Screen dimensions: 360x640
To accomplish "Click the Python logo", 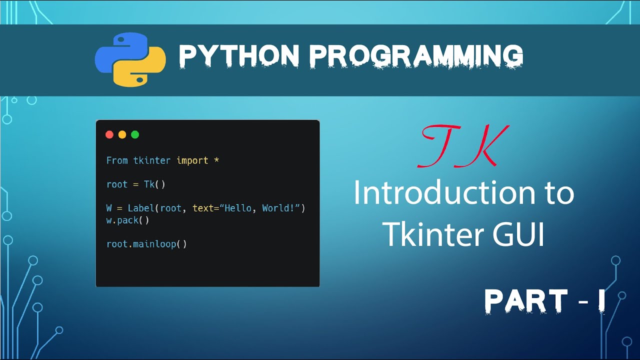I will pyautogui.click(x=130, y=59).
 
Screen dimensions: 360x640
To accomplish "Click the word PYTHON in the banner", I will pyautogui.click(x=238, y=55).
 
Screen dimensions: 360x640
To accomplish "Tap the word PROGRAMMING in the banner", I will pyautogui.click(x=416, y=55).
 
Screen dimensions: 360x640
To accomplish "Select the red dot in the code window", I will pyautogui.click(x=109, y=134).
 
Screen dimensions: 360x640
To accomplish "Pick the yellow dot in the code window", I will pyautogui.click(x=122, y=134).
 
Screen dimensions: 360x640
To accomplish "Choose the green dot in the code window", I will pyautogui.click(x=135, y=134).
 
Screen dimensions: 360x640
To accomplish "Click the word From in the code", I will pyautogui.click(x=117, y=160).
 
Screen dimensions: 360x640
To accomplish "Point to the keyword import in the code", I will pyautogui.click(x=192, y=160).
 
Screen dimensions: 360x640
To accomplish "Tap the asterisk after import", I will pyautogui.click(x=216, y=160).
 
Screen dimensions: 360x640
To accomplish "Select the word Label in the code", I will pyautogui.click(x=141, y=208).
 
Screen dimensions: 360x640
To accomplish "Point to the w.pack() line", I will pyautogui.click(x=127, y=220).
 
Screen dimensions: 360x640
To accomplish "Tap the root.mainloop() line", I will pyautogui.click(x=146, y=244).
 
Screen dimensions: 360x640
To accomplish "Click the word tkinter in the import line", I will pyautogui.click(x=152, y=160).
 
